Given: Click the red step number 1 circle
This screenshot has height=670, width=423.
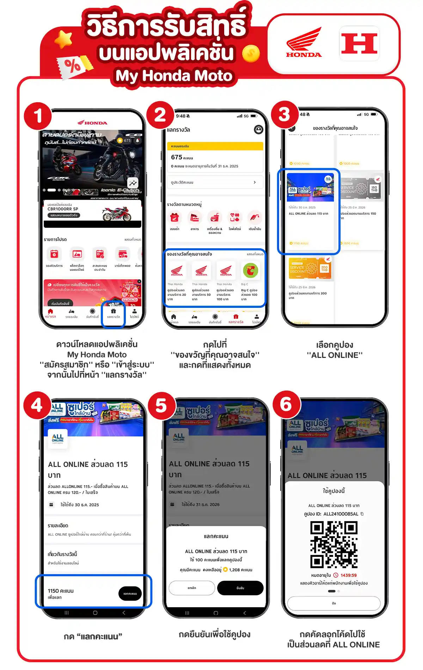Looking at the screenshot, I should pyautogui.click(x=38, y=116).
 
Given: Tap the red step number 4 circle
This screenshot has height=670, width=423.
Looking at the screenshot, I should pyautogui.click(x=37, y=405).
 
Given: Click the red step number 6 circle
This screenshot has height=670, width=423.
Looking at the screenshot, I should pyautogui.click(x=286, y=404).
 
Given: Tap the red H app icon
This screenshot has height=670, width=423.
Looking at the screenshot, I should pyautogui.click(x=359, y=43).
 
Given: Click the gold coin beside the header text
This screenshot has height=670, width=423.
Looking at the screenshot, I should pyautogui.click(x=251, y=54).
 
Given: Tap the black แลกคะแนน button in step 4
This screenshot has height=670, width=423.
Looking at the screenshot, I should pyautogui.click(x=130, y=593).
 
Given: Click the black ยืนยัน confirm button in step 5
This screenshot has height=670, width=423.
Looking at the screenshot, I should pyautogui.click(x=240, y=588).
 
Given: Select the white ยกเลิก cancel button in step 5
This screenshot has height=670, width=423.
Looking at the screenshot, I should pyautogui.click(x=192, y=588).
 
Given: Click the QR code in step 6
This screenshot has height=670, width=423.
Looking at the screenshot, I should pyautogui.click(x=334, y=544).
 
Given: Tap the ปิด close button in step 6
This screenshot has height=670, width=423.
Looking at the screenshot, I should pyautogui.click(x=334, y=603).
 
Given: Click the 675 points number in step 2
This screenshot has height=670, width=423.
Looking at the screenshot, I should pyautogui.click(x=177, y=157).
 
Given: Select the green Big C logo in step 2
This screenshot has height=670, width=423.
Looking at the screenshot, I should pyautogui.click(x=250, y=270).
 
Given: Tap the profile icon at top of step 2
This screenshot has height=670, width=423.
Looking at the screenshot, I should pyautogui.click(x=258, y=130).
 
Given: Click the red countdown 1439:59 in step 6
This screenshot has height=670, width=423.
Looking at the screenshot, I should pyautogui.click(x=348, y=575).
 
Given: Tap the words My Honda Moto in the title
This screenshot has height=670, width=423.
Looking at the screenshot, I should pyautogui.click(x=174, y=76).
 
